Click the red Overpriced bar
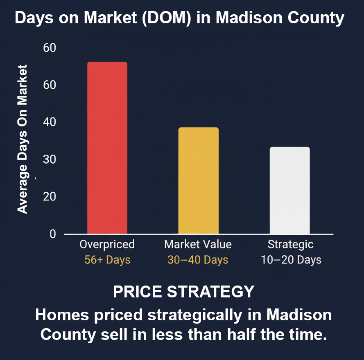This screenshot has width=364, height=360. pyautogui.click(x=107, y=148)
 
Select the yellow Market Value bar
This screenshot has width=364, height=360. pyautogui.click(x=198, y=180)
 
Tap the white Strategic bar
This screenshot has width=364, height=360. pyautogui.click(x=289, y=190)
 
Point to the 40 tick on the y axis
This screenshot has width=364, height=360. pyautogui.click(x=49, y=122)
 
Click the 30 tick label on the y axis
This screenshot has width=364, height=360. pyautogui.click(x=49, y=160)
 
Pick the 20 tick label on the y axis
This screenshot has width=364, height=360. pyautogui.click(x=49, y=197)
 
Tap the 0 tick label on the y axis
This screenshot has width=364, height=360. pyautogui.click(x=52, y=234)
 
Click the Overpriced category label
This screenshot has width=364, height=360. pyautogui.click(x=107, y=245)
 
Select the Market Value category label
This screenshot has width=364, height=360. pyautogui.click(x=198, y=245)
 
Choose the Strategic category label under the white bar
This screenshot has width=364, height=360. pyautogui.click(x=290, y=245)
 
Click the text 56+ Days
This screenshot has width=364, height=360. pyautogui.click(x=107, y=260)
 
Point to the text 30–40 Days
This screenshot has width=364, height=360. pyautogui.click(x=198, y=260)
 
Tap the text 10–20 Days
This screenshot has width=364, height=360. pyautogui.click(x=291, y=260)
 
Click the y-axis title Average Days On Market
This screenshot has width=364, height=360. pyautogui.click(x=23, y=139)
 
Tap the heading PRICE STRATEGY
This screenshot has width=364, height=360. pyautogui.click(x=183, y=292)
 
